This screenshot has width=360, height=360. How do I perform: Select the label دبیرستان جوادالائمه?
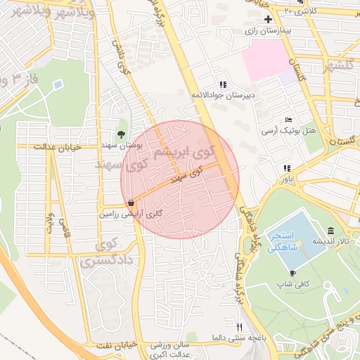224,93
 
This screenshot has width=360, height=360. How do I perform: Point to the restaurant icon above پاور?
285,168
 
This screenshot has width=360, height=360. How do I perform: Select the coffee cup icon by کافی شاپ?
292,273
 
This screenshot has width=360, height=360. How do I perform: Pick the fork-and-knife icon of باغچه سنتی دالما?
239,327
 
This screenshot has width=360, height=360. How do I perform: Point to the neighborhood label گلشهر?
337,67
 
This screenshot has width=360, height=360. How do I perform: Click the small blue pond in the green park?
57,84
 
